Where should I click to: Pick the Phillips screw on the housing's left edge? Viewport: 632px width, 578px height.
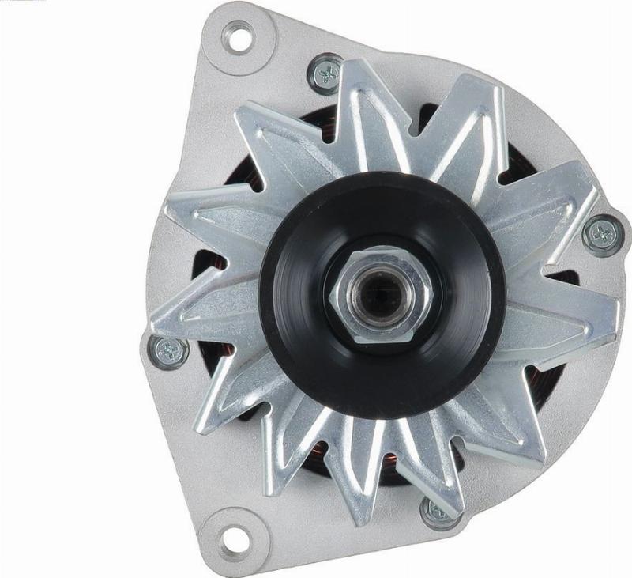[x=167, y=352]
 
